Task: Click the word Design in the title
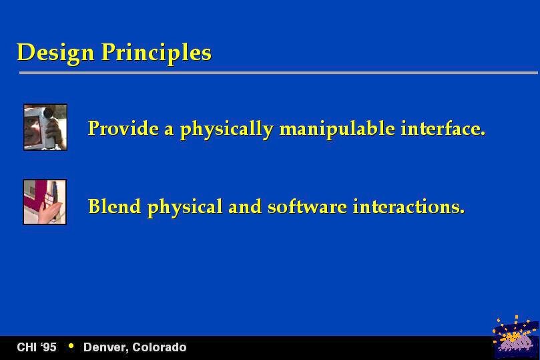point(55,53)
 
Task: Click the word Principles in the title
point(156,53)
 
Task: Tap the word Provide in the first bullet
point(123,128)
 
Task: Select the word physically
point(227,130)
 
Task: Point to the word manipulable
point(337,130)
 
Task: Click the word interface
point(443,128)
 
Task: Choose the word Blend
point(115,206)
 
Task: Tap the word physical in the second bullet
point(185,208)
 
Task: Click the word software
point(308,206)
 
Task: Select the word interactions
point(409,206)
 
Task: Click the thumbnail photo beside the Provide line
point(45,127)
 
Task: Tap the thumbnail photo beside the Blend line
point(45,202)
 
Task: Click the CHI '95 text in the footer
point(37,347)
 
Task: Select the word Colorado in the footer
point(160,347)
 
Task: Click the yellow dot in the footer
point(71,345)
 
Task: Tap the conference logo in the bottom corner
point(515,337)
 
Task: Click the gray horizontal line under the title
point(278,73)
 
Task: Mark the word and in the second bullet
point(245,206)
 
